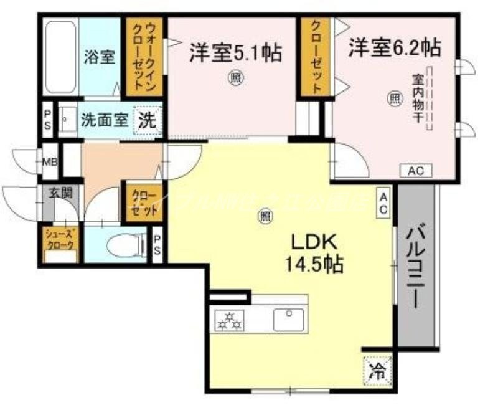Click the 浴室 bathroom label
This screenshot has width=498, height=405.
[100, 57]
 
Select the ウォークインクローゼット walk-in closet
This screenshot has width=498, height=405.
[145, 57]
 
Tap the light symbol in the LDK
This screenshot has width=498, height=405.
[265, 217]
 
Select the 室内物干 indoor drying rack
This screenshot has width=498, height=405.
[429, 98]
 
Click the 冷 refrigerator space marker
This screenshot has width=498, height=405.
[377, 370]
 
